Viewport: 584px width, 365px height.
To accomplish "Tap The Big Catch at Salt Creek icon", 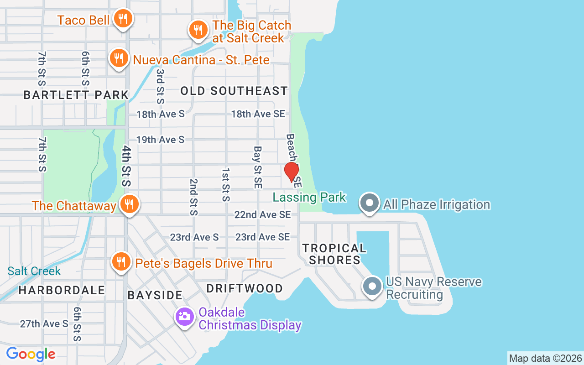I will click(x=198, y=30).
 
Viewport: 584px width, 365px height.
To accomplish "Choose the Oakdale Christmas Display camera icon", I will click(x=185, y=316).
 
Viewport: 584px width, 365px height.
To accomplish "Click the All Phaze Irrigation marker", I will click(x=369, y=203).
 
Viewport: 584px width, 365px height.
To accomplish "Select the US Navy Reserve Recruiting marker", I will click(x=372, y=287).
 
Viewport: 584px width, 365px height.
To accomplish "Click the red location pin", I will click(x=291, y=172).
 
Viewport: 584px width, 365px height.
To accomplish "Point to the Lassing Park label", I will click(x=309, y=198).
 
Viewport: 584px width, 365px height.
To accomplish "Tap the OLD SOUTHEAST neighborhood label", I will click(x=234, y=91).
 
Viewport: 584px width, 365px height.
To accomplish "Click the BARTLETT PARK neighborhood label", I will click(x=76, y=95).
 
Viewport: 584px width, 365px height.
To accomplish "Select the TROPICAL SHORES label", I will click(x=334, y=254).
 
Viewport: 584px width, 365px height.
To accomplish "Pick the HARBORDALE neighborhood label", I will click(x=62, y=290).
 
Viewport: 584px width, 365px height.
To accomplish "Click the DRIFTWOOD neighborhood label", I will click(x=245, y=288).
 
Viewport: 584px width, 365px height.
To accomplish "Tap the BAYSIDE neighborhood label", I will click(x=155, y=295).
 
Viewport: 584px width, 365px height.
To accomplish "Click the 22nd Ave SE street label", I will click(x=262, y=214).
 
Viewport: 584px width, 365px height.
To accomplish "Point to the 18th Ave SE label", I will click(x=258, y=114).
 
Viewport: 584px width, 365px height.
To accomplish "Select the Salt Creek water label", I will click(x=34, y=271).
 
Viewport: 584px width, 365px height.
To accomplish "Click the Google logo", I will click(x=31, y=354).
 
